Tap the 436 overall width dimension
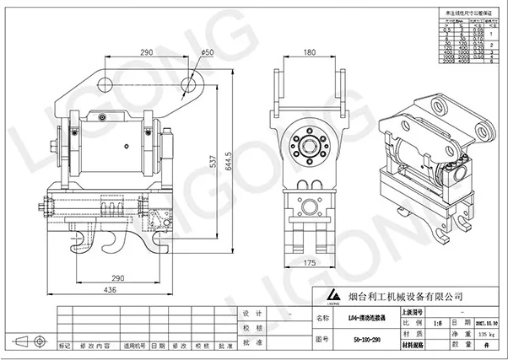coord(111,290)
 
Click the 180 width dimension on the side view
coord(310,53)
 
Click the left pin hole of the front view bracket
coord(106,83)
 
